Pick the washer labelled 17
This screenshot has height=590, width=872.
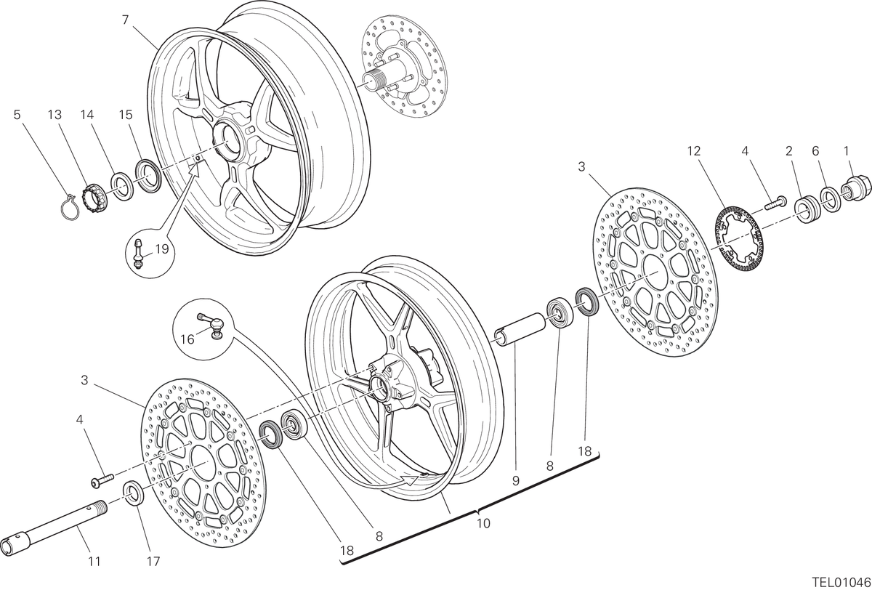click(x=134, y=493)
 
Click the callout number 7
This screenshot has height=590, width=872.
click(x=125, y=20)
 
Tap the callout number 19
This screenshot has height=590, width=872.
click(x=161, y=248)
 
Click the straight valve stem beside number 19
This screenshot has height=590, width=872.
click(x=138, y=254)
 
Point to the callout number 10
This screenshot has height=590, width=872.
click(x=483, y=523)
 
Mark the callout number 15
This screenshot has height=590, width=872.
click(x=126, y=114)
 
